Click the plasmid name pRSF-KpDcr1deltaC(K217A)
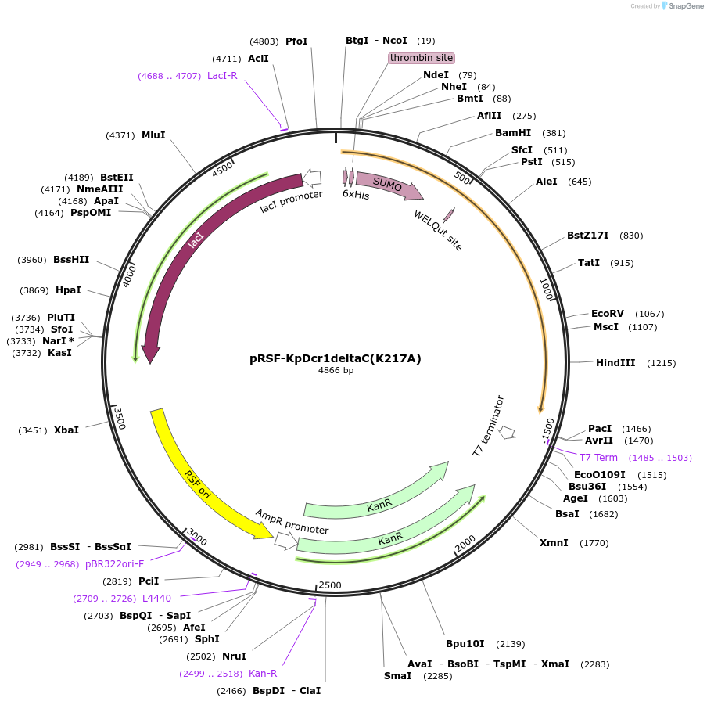[x=336, y=358]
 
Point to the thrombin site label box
[x=422, y=58]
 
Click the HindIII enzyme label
[x=615, y=363]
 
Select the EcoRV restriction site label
[x=608, y=313]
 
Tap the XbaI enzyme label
[x=66, y=430]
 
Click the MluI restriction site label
[x=153, y=135]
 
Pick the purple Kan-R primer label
[x=263, y=673]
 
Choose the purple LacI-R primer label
[x=222, y=76]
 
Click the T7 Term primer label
[x=598, y=458]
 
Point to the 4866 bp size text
[x=336, y=371]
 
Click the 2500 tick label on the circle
[x=330, y=585]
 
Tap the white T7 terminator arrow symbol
[x=507, y=432]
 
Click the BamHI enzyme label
[x=513, y=133]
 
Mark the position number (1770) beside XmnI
[x=594, y=543]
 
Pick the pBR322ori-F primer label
[x=115, y=563]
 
